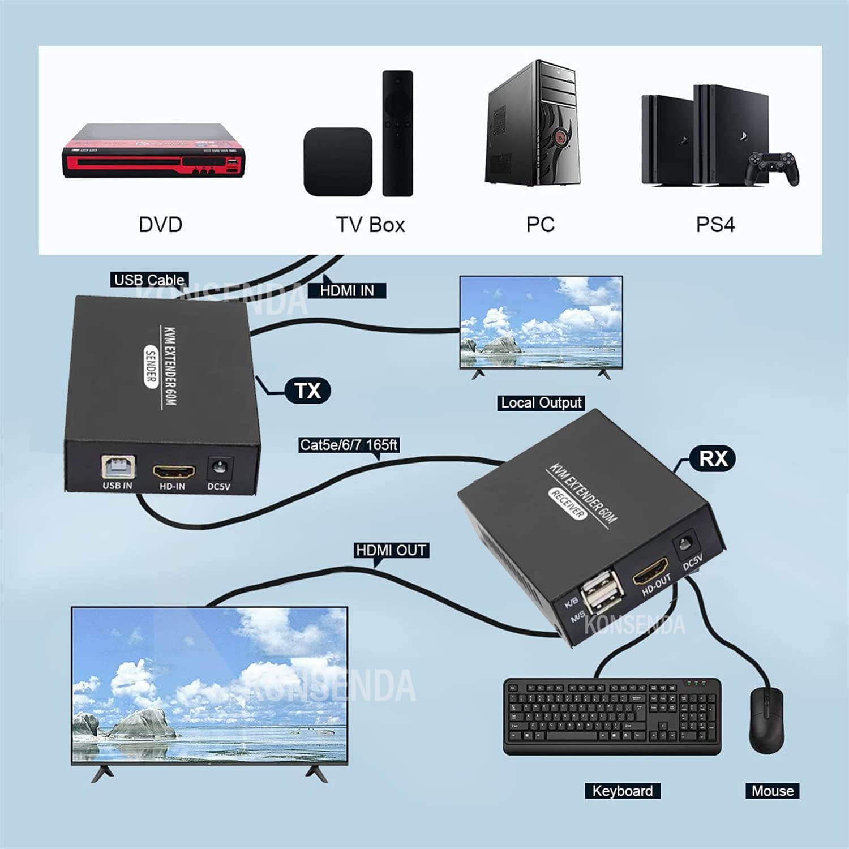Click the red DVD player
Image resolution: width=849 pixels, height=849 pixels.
point(153,151)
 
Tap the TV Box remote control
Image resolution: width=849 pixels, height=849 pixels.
point(397,134)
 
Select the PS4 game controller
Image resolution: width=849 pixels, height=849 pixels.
point(773,168)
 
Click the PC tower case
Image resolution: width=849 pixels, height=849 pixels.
point(533,125)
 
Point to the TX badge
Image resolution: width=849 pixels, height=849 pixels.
point(307,391)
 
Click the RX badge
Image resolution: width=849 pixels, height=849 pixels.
point(713,458)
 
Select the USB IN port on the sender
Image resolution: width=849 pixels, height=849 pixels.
point(118,467)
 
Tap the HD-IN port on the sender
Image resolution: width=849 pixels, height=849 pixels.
point(173,471)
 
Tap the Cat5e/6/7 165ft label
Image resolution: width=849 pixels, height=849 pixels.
point(349,445)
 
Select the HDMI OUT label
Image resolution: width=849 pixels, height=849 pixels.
point(391,550)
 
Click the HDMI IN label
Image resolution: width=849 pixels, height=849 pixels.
point(347,291)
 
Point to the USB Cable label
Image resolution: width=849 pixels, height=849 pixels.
point(149,280)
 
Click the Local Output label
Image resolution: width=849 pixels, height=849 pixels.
point(541,402)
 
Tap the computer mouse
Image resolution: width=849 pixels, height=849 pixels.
point(766,719)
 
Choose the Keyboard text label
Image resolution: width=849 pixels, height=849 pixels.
point(622,791)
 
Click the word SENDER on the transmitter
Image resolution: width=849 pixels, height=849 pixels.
point(151,367)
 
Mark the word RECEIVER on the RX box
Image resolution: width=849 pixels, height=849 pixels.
point(567,503)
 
